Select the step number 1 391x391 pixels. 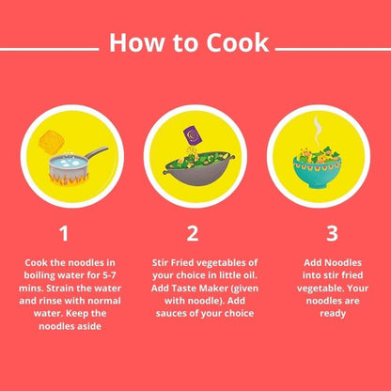63,232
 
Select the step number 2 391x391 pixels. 193,232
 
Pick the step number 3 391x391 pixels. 331,232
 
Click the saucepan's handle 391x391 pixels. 93,150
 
